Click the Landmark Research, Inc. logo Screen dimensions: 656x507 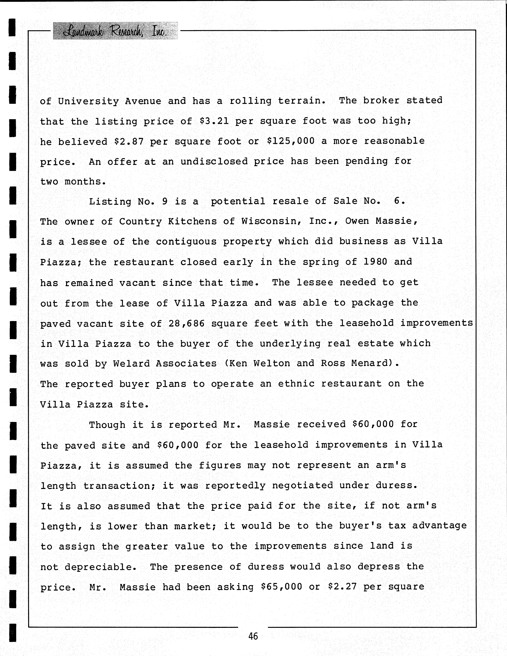[x=115, y=31]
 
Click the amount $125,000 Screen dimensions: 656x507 [x=291, y=141]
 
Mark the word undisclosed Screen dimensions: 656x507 [x=214, y=162]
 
